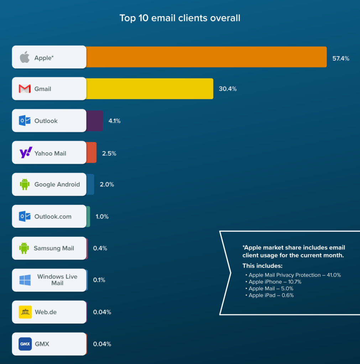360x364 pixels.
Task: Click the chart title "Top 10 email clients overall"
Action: point(180,18)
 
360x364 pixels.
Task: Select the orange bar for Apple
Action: point(206,57)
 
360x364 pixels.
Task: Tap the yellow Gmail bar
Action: point(150,89)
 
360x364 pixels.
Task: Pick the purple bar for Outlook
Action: point(95,121)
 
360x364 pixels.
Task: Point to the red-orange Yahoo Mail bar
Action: point(92,153)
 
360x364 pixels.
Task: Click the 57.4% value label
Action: point(341,59)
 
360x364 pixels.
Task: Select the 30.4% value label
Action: point(228,89)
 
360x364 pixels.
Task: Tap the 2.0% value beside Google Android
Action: point(107,184)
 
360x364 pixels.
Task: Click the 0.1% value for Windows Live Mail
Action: point(99,280)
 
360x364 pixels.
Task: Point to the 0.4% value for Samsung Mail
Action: point(100,248)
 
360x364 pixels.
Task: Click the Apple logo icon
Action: point(25,57)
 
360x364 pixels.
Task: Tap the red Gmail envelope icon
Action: point(25,89)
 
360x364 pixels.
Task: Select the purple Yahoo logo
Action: point(26,153)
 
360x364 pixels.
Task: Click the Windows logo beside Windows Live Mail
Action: point(25,280)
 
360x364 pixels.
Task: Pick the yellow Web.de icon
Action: point(25,312)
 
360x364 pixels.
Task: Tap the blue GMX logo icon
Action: point(25,344)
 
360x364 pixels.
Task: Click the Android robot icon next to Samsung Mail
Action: point(24,248)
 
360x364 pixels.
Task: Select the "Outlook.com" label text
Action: point(53,216)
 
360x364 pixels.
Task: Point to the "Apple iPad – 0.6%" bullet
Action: point(271,295)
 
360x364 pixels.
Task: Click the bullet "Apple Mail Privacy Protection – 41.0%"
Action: point(294,275)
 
